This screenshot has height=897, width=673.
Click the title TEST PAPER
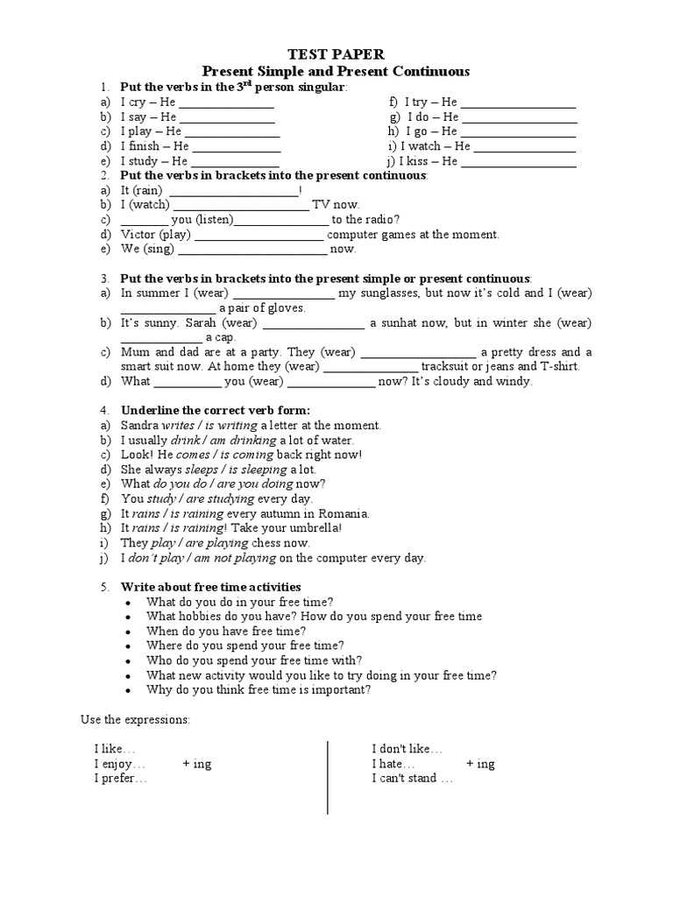pos(336,54)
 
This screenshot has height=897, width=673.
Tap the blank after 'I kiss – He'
pos(518,162)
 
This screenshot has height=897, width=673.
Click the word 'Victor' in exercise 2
pos(138,235)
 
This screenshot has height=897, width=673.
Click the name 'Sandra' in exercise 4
pos(140,425)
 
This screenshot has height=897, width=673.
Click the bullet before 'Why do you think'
pos(129,690)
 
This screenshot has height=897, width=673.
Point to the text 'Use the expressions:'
pos(135,720)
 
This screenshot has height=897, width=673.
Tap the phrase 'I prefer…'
pos(121,778)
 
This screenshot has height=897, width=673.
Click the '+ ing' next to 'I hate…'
pos(480,764)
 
